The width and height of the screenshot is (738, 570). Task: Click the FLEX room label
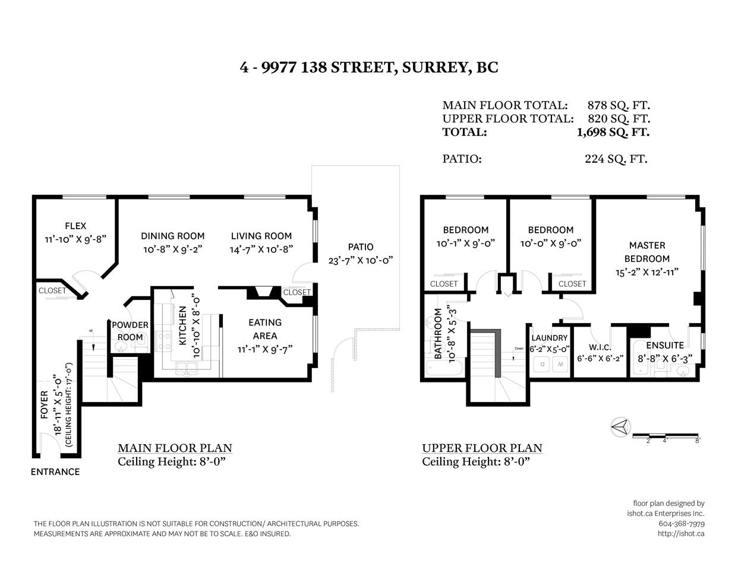(x=75, y=226)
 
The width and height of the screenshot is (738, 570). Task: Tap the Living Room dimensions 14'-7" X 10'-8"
(x=261, y=250)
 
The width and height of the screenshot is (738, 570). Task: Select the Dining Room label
(x=172, y=236)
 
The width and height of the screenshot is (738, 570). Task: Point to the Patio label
(x=360, y=246)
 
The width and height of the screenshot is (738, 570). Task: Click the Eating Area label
(x=265, y=329)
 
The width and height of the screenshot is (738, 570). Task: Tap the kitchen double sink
(x=187, y=368)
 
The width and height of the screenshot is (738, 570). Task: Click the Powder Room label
(x=130, y=331)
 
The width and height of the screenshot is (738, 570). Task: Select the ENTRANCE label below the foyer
(x=55, y=472)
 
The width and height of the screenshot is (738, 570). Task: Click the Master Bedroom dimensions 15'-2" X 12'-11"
(x=647, y=273)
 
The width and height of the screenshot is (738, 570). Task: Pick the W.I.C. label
(x=600, y=347)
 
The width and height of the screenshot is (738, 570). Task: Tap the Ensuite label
(x=665, y=346)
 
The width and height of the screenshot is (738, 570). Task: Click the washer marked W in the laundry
(x=560, y=365)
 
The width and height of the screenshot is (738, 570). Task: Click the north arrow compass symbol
(x=620, y=427)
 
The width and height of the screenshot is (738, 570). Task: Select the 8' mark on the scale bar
(x=698, y=441)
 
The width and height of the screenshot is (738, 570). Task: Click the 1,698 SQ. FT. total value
(x=613, y=132)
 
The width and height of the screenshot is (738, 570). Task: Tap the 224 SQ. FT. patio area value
(x=616, y=159)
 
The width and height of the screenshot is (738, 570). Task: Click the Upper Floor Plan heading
(x=482, y=448)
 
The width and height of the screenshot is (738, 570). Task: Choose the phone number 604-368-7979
(x=682, y=524)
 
